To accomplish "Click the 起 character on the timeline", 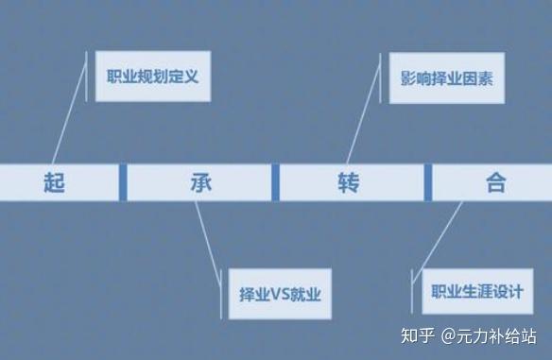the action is [x=54, y=182].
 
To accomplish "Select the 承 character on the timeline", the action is [x=201, y=182].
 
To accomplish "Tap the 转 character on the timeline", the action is [x=349, y=182].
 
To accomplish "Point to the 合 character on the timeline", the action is [x=496, y=182].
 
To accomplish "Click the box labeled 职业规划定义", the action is [x=153, y=77].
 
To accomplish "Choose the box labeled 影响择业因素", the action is [x=447, y=78].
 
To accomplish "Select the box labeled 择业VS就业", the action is [x=280, y=294].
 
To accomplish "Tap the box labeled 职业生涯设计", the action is [x=477, y=291].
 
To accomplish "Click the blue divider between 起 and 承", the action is [x=123, y=182].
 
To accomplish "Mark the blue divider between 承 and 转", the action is [x=275, y=182].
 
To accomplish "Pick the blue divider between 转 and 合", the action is [x=428, y=182].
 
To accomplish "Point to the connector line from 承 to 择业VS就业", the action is [x=208, y=243].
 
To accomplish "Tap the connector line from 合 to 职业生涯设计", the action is [x=438, y=242].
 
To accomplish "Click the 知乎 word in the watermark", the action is [x=418, y=335].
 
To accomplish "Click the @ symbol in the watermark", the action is [x=448, y=336].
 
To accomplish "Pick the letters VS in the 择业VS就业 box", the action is [x=280, y=294].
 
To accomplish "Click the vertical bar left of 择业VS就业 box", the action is [x=221, y=294].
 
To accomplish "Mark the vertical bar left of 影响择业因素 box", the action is [x=381, y=78].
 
